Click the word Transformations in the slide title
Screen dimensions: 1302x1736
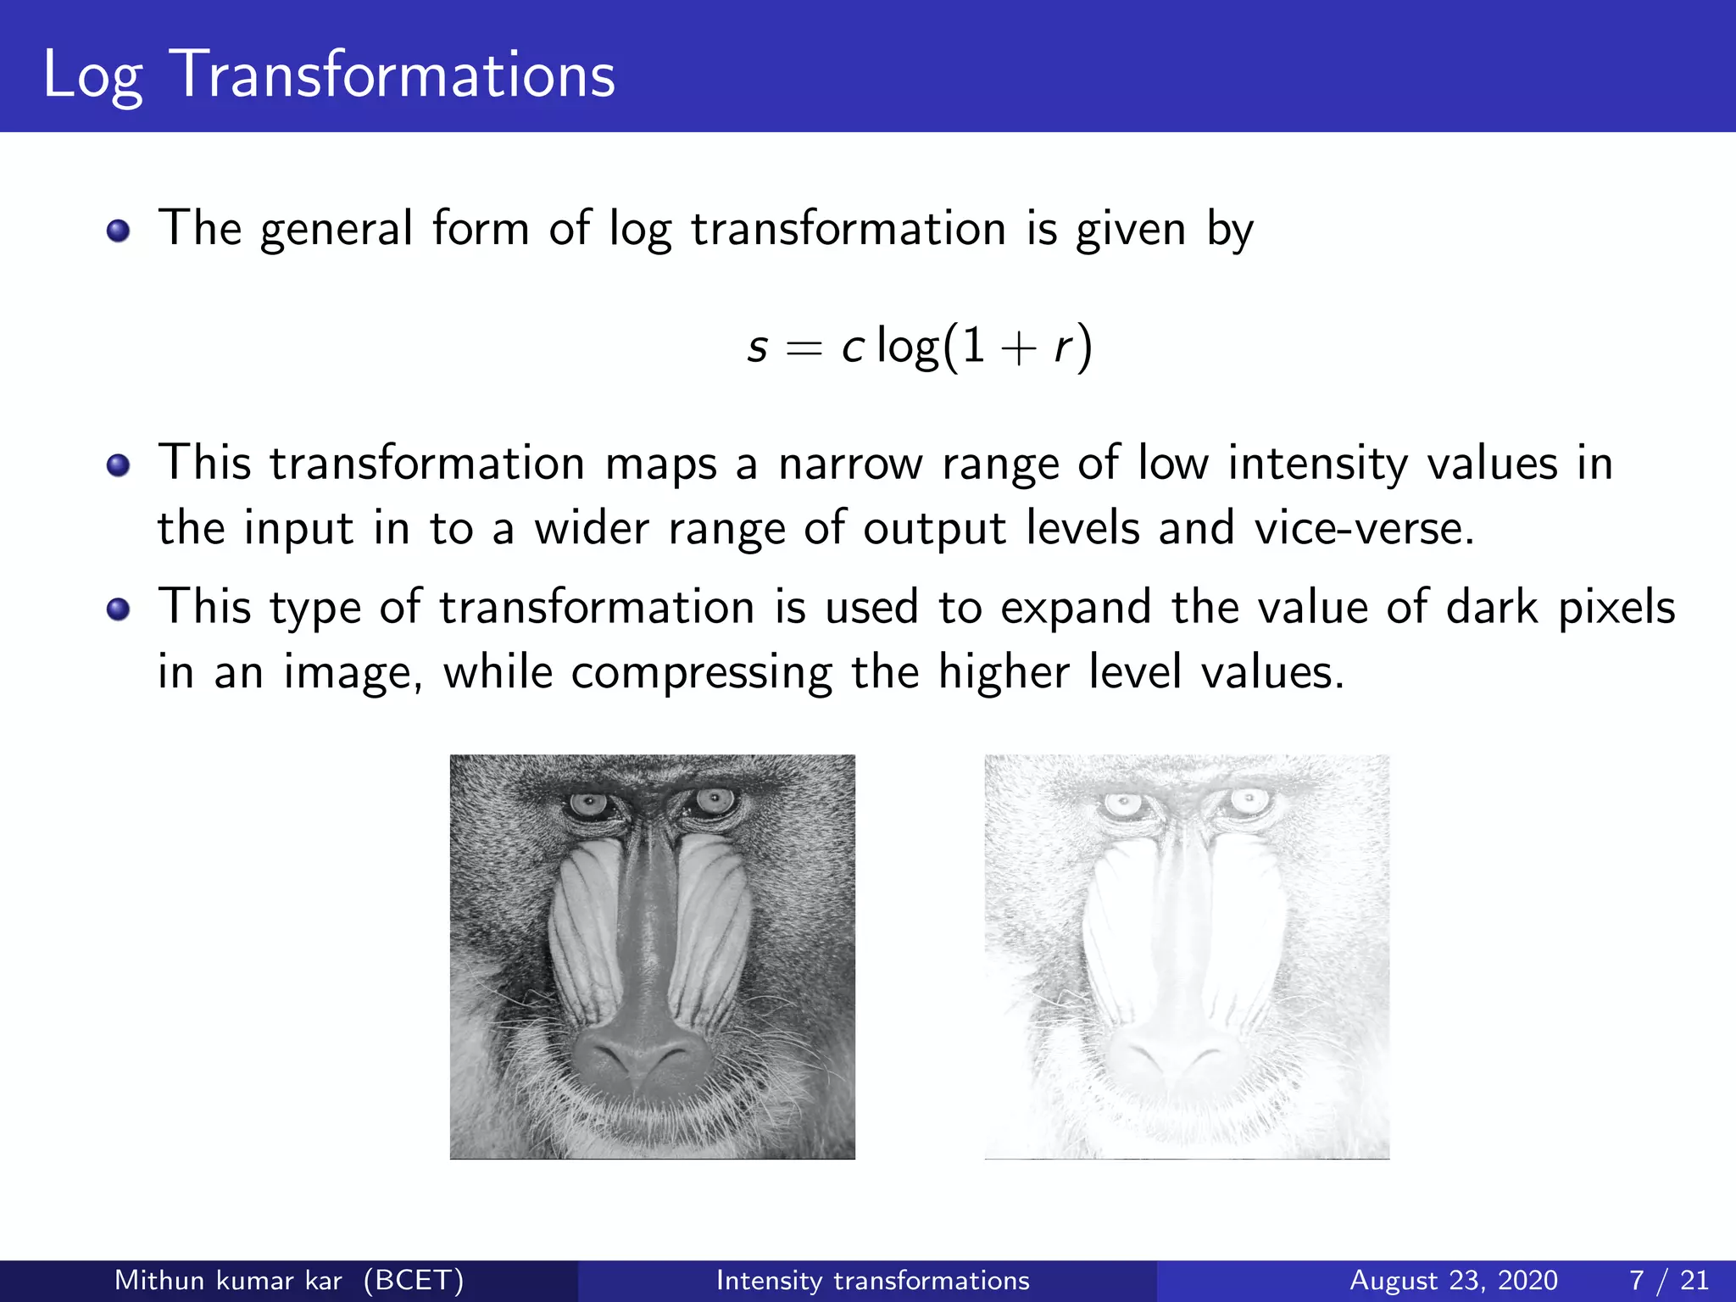point(393,75)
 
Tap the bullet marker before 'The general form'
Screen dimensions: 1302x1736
point(119,231)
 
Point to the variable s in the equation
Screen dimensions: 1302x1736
point(758,348)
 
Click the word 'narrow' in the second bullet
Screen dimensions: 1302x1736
point(850,465)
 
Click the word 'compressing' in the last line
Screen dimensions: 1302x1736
point(702,673)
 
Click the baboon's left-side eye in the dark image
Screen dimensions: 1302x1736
point(587,803)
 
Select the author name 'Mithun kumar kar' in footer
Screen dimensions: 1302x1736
point(228,1280)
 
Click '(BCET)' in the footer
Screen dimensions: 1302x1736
point(414,1280)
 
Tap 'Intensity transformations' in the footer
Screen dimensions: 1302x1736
point(872,1280)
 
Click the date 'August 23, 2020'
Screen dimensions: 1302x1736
point(1453,1280)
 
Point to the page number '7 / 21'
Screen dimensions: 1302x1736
point(1668,1280)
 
